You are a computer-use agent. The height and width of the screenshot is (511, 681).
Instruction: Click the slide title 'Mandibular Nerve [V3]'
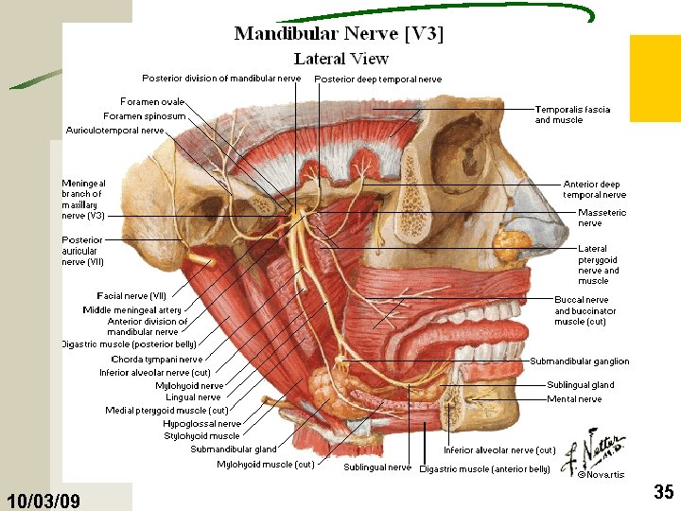click(x=339, y=34)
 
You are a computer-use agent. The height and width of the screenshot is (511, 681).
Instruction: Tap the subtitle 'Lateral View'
click(x=340, y=59)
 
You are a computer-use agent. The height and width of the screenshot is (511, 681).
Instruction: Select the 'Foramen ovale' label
click(x=152, y=101)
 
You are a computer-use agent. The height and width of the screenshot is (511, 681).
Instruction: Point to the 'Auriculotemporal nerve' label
click(x=115, y=131)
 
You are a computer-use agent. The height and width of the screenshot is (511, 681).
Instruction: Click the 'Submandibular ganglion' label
click(x=580, y=361)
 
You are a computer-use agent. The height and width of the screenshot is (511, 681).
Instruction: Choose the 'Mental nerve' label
click(x=574, y=399)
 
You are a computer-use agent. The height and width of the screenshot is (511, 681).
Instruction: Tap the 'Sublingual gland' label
click(x=580, y=385)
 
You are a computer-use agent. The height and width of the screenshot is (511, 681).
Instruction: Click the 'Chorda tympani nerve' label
click(x=157, y=360)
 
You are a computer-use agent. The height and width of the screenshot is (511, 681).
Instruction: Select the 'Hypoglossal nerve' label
click(x=202, y=424)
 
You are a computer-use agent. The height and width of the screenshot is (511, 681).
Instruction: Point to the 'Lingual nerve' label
click(x=193, y=397)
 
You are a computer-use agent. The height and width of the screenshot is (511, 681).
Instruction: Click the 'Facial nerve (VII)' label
click(x=131, y=296)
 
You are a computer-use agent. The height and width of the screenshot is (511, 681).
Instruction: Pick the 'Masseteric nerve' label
click(x=602, y=218)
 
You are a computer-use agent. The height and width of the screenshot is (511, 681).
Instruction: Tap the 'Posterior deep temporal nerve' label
click(x=377, y=79)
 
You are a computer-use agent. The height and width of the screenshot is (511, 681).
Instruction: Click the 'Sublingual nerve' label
click(x=377, y=467)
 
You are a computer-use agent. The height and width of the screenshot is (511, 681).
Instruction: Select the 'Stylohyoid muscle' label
click(x=202, y=436)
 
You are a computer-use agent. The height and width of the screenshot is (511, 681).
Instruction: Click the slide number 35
click(x=664, y=491)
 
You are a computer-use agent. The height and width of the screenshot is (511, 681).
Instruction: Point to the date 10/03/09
click(x=43, y=501)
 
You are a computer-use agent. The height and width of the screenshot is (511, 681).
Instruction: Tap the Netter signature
click(x=594, y=451)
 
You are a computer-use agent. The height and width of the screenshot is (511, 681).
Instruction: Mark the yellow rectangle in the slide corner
click(x=655, y=79)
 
